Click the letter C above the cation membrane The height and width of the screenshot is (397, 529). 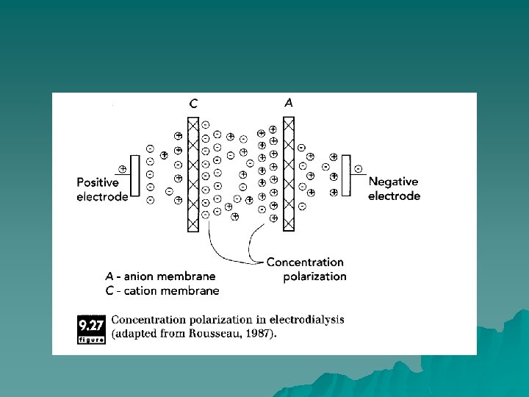tap(192, 104)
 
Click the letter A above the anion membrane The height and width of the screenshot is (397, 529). tap(289, 104)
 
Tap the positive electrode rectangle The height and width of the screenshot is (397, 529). tap(134, 176)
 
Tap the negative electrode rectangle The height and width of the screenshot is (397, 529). tap(347, 176)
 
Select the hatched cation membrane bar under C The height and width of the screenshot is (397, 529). tap(193, 174)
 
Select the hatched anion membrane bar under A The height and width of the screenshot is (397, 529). tap(289, 174)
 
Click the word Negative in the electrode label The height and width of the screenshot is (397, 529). tap(393, 182)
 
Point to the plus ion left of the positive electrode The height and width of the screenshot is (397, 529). tap(122, 168)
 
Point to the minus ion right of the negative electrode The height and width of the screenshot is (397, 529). tap(358, 168)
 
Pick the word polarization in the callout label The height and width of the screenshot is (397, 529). tap(314, 276)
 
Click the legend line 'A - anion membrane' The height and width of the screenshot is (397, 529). tap(160, 276)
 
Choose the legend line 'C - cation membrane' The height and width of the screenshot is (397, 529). tap(162, 290)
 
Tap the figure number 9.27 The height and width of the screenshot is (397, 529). tap(91, 323)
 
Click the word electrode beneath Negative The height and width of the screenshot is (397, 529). tap(394, 196)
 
